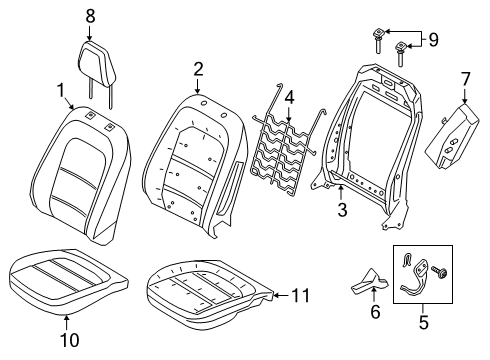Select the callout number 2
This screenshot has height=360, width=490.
pyautogui.click(x=198, y=68)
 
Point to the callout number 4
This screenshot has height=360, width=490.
pyautogui.click(x=288, y=97)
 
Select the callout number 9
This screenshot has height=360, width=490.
pyautogui.click(x=432, y=40)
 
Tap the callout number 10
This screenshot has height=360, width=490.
pyautogui.click(x=66, y=321)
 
